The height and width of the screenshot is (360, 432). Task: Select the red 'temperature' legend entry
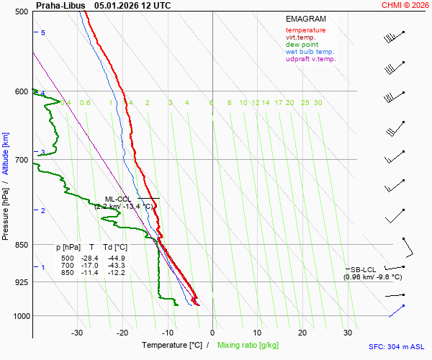click(x=305, y=30)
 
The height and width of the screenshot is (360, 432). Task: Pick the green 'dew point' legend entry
click(x=302, y=45)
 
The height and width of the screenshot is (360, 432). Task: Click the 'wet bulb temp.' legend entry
click(x=310, y=52)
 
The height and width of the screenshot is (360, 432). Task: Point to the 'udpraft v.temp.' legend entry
click(x=310, y=59)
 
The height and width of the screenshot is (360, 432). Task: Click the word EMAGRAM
click(x=305, y=19)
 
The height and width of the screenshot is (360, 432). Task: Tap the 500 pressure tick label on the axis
click(x=21, y=12)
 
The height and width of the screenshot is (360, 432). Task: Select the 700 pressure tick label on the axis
click(x=21, y=159)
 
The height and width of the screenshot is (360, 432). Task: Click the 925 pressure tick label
click(x=21, y=282)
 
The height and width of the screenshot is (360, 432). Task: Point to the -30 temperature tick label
click(x=77, y=333)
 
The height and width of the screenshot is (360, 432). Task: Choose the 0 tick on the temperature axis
click(x=212, y=333)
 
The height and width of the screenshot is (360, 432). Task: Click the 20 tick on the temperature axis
click(x=302, y=333)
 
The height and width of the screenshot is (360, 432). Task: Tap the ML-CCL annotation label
click(x=117, y=199)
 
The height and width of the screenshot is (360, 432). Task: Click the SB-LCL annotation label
click(x=364, y=269)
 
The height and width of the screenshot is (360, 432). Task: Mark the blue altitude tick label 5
click(x=42, y=33)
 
